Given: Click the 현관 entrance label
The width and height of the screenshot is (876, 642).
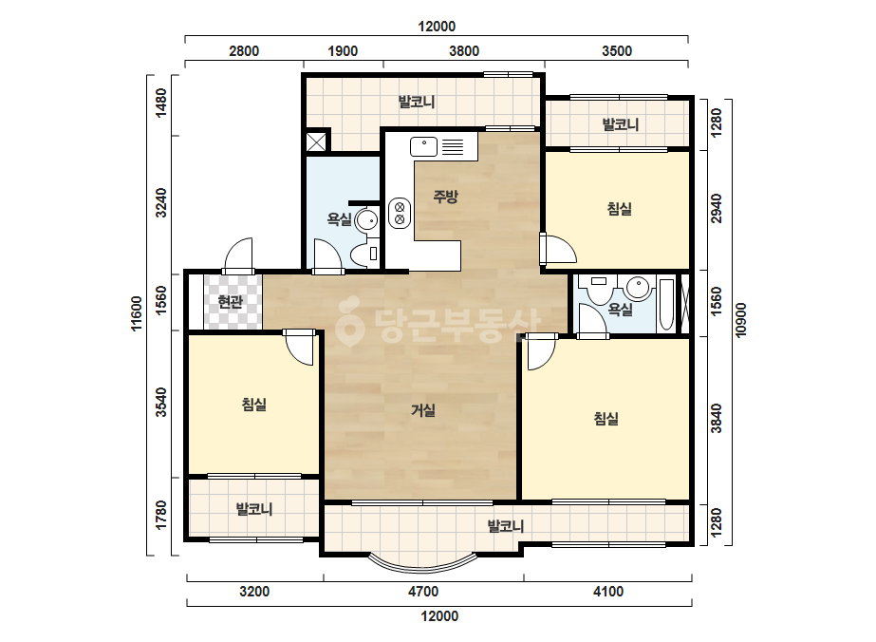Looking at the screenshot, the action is (x=231, y=303).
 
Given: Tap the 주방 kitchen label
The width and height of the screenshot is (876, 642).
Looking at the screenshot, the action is (x=446, y=197).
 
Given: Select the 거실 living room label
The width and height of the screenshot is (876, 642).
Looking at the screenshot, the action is (x=423, y=410).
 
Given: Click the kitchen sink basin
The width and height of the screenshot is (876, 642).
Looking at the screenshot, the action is (x=424, y=146).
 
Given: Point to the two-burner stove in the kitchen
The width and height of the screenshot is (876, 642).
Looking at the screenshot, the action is (x=400, y=213).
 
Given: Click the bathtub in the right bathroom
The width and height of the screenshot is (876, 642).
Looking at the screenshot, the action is (x=666, y=305).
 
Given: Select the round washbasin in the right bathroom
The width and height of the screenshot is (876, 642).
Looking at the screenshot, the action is (x=638, y=289).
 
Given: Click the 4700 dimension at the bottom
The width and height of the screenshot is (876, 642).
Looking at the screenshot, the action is (x=423, y=592).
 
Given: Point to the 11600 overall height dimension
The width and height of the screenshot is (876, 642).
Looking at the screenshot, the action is (x=137, y=313).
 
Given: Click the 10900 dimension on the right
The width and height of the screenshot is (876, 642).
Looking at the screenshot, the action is (x=741, y=320).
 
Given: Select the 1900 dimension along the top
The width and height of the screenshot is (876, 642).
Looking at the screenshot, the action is (x=343, y=51).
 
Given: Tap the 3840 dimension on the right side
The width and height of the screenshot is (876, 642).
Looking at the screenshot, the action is (x=717, y=418).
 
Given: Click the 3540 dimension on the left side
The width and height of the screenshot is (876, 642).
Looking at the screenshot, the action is (x=161, y=402).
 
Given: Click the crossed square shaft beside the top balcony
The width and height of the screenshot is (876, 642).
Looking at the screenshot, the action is (x=316, y=142).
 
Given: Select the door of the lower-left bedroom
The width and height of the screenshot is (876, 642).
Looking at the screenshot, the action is (x=300, y=348).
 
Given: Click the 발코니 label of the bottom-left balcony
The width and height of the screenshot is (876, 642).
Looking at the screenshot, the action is (x=254, y=509).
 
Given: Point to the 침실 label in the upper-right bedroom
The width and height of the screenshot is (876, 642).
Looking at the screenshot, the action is (x=620, y=209).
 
